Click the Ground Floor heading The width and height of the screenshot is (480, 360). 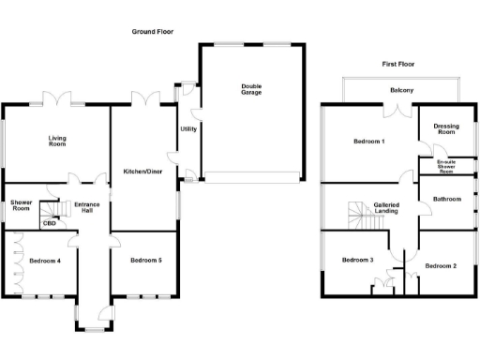153,32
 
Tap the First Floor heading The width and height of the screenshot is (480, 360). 397,64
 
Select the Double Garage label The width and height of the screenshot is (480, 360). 251,90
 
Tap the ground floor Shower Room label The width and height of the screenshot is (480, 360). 22,205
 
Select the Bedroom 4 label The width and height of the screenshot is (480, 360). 45,261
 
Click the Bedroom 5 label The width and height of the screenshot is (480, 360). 146,260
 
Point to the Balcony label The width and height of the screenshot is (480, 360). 402,90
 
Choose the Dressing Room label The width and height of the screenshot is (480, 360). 446,129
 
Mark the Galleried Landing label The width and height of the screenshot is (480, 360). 387,208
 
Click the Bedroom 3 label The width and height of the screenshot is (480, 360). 357,260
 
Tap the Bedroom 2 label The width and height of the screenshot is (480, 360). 441,266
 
